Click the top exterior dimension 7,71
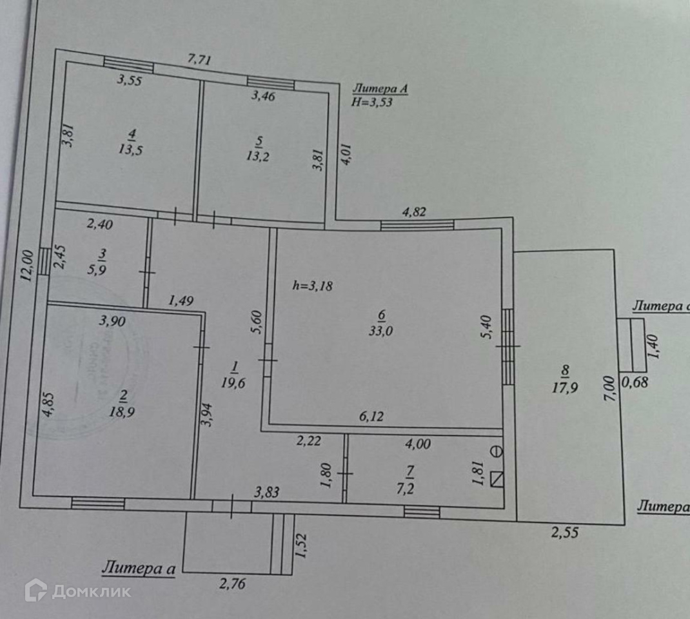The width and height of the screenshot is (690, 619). [199, 60]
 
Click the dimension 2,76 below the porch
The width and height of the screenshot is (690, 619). [232, 584]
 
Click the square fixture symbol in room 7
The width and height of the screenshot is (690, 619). [497, 479]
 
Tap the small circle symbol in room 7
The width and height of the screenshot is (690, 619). [497, 451]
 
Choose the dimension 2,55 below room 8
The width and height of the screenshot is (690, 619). [564, 533]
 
